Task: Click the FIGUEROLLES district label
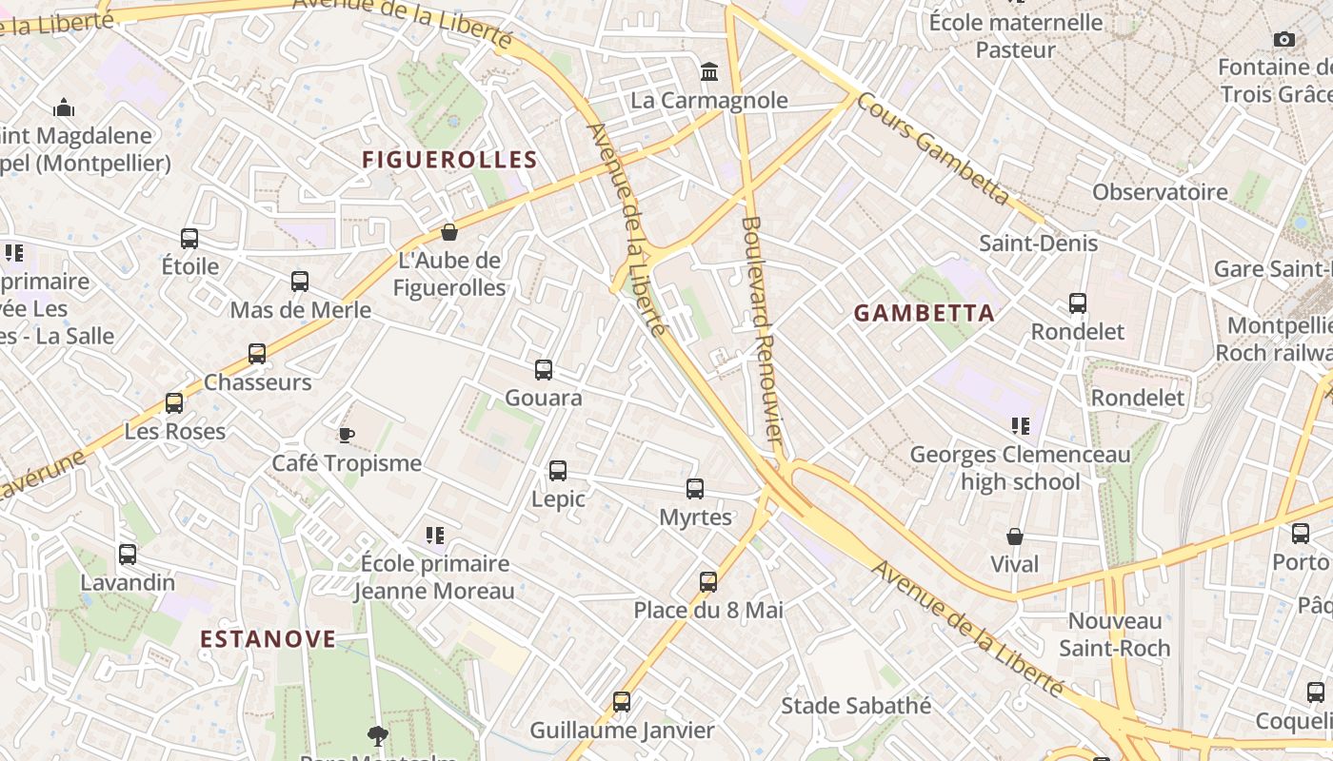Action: pyautogui.click(x=450, y=160)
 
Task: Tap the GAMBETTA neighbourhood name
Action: pyautogui.click(x=924, y=313)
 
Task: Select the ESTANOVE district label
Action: pyautogui.click(x=269, y=638)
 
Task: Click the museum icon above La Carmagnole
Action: pyautogui.click(x=709, y=71)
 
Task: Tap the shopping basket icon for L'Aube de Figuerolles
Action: pyautogui.click(x=449, y=232)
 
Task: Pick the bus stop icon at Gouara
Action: pyautogui.click(x=544, y=370)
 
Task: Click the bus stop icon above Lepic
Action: pyautogui.click(x=558, y=471)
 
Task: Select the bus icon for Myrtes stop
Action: pyautogui.click(x=695, y=489)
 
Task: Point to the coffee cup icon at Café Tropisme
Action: pyautogui.click(x=347, y=436)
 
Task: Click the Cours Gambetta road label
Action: pyautogui.click(x=933, y=149)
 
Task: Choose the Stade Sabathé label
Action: pyautogui.click(x=856, y=706)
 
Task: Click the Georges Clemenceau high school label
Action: pyautogui.click(x=1020, y=468)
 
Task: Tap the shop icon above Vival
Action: pyautogui.click(x=1015, y=537)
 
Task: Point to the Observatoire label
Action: pyautogui.click(x=1160, y=192)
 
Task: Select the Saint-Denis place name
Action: pyautogui.click(x=1039, y=244)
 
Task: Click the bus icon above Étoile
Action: pyautogui.click(x=189, y=238)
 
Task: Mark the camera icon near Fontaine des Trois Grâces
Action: pyautogui.click(x=1284, y=40)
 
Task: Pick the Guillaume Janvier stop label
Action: pyautogui.click(x=622, y=731)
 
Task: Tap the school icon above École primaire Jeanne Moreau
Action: pyautogui.click(x=435, y=536)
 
